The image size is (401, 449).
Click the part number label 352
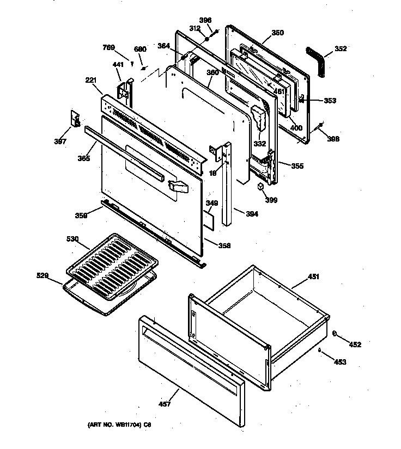point(341,48)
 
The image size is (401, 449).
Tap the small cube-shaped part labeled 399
point(261,187)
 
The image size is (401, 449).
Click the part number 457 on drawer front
point(165,403)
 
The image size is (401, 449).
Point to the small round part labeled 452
point(335,334)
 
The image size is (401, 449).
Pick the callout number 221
point(90,80)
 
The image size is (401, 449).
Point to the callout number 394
point(252,214)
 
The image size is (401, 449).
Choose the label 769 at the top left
point(109,48)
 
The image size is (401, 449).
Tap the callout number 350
point(277,33)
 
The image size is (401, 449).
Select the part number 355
point(297,165)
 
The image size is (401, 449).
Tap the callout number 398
point(333,139)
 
